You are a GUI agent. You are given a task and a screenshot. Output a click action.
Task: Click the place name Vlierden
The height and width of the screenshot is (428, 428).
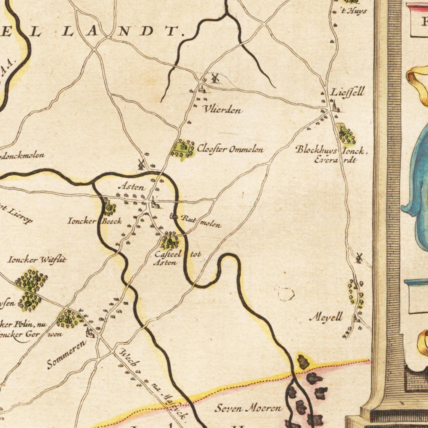click(x=223, y=110)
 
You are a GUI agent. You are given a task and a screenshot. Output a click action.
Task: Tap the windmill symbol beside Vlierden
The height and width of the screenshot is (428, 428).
click(x=215, y=78)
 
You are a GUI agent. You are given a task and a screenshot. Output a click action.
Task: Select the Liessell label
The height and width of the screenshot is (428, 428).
click(x=347, y=92)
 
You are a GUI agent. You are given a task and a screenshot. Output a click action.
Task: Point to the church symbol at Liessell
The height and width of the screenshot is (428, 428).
click(x=335, y=106)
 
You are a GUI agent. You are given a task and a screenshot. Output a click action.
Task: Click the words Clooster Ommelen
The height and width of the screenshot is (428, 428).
click(x=230, y=149)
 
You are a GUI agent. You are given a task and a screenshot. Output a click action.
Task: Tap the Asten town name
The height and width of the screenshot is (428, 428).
click(x=132, y=187)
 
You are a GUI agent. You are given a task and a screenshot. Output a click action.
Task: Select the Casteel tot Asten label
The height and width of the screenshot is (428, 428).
click(x=177, y=258)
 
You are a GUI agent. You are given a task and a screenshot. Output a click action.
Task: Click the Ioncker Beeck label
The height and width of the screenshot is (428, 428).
click(x=94, y=221)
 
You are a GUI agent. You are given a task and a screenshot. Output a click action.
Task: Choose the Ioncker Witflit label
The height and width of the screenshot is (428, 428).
click(x=37, y=260)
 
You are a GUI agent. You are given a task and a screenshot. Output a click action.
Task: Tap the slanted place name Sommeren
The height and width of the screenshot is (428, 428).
click(x=67, y=355)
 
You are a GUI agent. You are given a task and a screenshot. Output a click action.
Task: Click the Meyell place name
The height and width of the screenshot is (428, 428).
click(x=326, y=317)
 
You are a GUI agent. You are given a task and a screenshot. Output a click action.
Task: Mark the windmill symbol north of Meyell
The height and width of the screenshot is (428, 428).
click(x=359, y=258)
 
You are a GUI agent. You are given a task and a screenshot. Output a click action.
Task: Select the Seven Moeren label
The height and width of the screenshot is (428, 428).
click(x=249, y=409)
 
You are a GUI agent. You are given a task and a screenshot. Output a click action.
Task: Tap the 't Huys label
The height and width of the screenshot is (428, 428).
click(x=354, y=11)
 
